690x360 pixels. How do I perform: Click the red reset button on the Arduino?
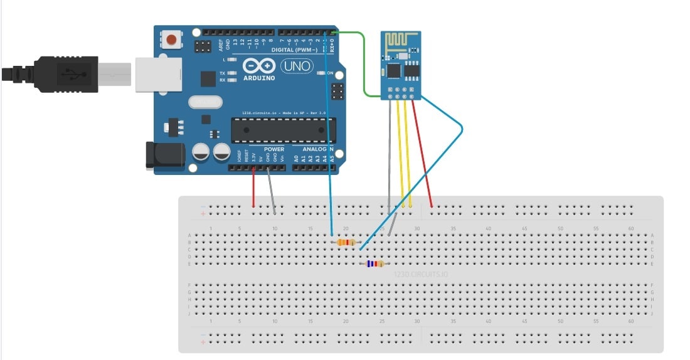(x=171, y=41)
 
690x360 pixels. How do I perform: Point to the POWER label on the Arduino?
(x=273, y=149)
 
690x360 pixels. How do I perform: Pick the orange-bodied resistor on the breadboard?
(x=345, y=243)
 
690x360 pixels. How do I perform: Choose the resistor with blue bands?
(x=374, y=264)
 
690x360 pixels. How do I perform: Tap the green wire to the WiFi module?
(x=363, y=63)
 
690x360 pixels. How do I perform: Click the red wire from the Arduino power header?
(x=253, y=188)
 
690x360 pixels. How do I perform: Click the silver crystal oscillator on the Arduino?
(x=204, y=102)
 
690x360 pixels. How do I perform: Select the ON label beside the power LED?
(x=330, y=73)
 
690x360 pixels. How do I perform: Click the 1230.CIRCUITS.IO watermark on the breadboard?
(x=421, y=274)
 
